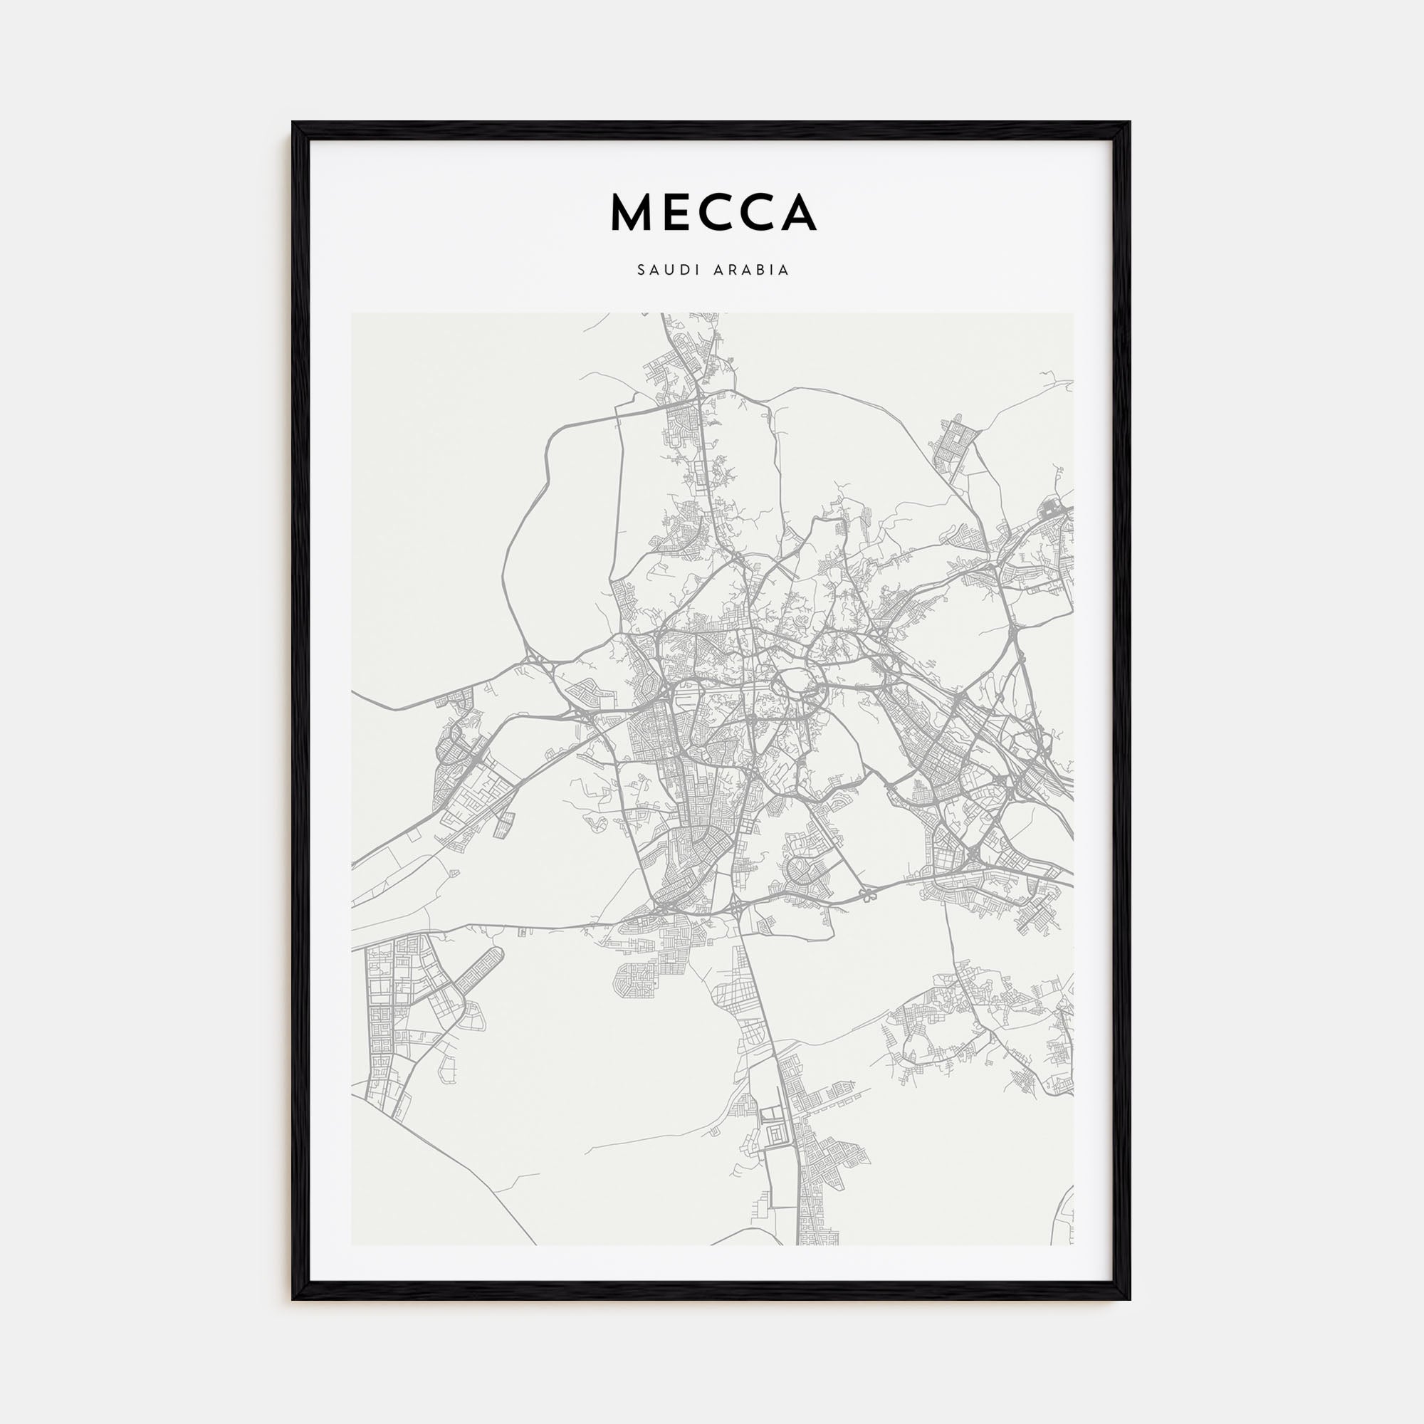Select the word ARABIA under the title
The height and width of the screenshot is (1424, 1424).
[752, 270]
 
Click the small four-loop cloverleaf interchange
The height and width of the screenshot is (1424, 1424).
[867, 897]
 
